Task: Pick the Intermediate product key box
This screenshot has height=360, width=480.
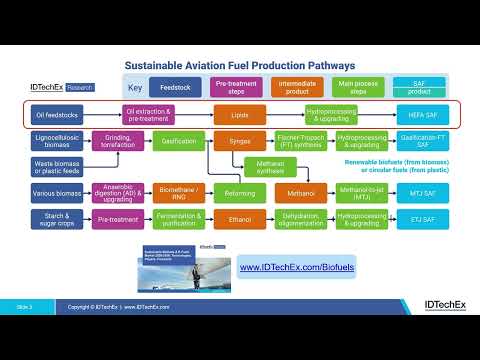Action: point(297,87)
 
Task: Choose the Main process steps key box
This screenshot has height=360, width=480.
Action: point(358,87)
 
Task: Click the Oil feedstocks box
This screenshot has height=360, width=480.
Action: point(58,115)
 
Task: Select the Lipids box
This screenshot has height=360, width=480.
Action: point(240,115)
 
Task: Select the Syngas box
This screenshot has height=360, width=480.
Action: point(240,142)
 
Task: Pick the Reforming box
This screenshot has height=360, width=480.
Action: point(240,190)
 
